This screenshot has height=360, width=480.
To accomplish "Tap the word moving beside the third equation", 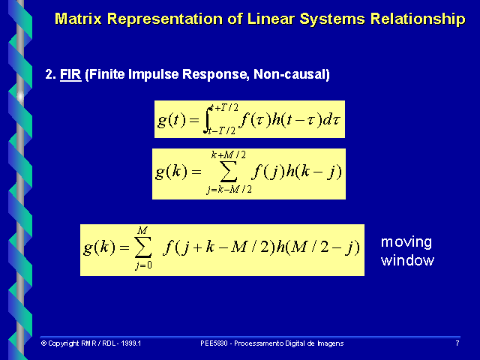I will point(406,242).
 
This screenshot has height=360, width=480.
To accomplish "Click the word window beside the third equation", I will point(407,260).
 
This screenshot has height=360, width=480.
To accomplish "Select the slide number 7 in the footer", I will point(457,343).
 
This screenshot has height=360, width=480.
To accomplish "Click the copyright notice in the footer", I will point(91,343).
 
